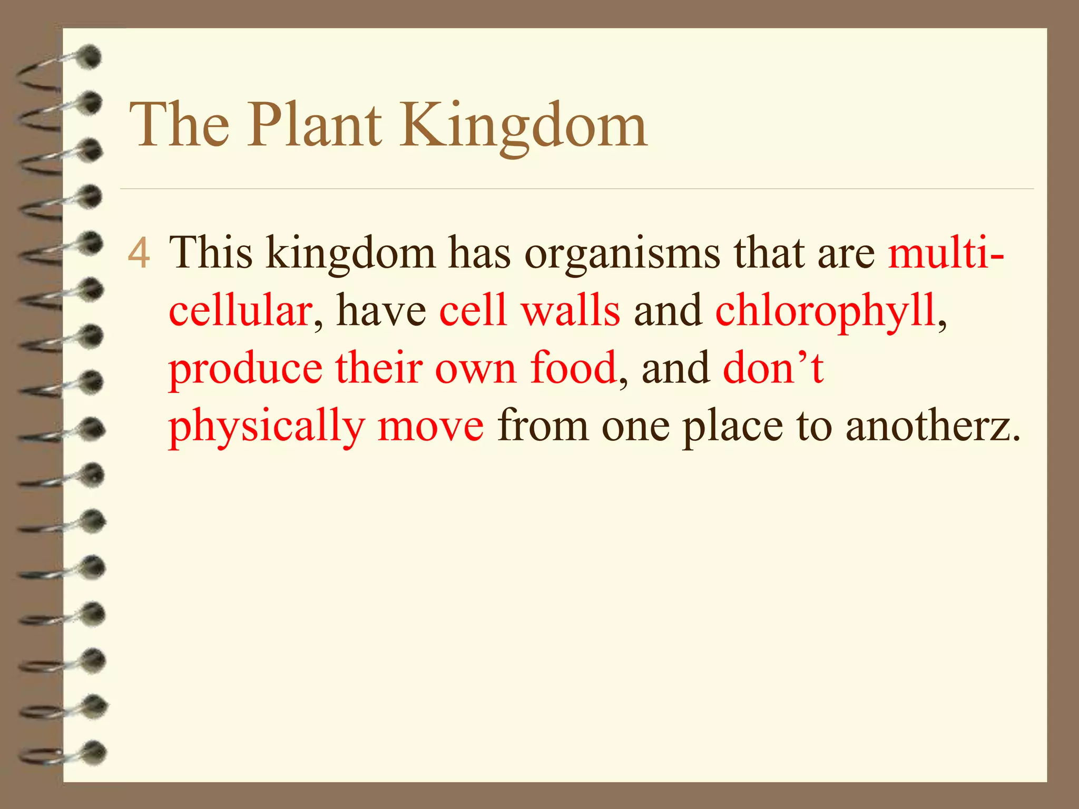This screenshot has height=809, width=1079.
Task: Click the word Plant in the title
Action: click(315, 125)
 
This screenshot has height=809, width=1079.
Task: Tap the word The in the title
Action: click(180, 125)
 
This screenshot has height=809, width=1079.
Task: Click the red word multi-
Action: click(946, 253)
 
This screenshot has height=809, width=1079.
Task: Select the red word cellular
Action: click(240, 310)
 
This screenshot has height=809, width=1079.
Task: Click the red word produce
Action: click(246, 369)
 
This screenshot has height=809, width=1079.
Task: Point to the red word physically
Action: click(267, 426)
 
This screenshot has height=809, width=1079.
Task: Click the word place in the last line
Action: click(733, 426)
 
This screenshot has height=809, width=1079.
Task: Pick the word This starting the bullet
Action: click(211, 253)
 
